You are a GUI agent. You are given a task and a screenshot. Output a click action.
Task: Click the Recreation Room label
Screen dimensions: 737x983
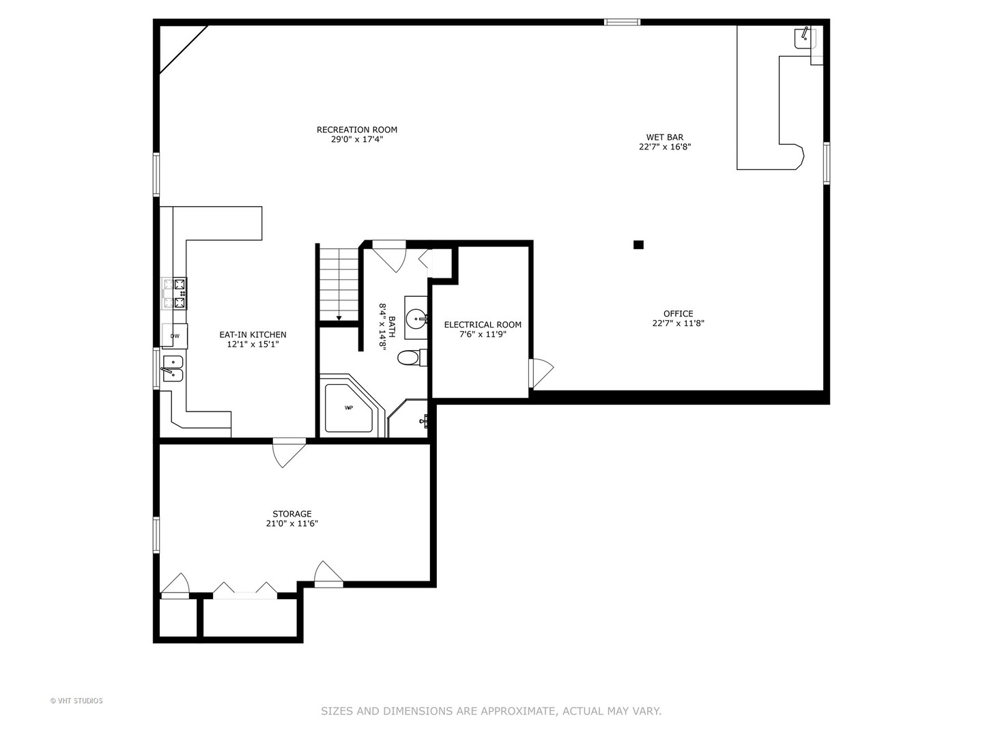[356, 130]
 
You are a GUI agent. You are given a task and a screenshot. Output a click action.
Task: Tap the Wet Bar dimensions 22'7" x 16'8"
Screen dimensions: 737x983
[665, 147]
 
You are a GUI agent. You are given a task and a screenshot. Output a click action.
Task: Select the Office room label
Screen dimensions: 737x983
[678, 314]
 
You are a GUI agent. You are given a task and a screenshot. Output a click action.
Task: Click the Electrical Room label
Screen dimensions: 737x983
[483, 325]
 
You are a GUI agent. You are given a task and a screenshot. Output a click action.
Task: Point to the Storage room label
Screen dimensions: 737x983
[292, 514]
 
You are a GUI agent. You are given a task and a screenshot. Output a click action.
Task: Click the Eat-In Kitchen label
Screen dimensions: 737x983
[253, 334]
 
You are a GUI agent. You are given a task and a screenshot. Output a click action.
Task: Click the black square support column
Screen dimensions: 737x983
[638, 245]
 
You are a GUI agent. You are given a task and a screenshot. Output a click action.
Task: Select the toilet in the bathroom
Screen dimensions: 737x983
[410, 358]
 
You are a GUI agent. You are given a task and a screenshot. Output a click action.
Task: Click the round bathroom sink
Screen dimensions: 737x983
[416, 318]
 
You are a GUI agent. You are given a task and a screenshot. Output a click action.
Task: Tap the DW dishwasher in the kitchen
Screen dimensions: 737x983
[175, 336]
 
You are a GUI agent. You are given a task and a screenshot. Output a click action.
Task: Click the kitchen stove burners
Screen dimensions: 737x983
[175, 293]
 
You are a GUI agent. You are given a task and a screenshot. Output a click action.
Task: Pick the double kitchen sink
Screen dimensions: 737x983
[172, 369]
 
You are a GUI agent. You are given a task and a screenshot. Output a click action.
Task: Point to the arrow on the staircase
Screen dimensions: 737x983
[339, 317]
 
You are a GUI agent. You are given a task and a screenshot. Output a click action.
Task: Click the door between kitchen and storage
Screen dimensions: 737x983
[289, 452]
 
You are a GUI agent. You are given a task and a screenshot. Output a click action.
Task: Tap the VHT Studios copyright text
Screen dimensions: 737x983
[76, 701]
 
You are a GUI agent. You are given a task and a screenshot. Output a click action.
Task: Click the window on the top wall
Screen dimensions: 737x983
[622, 23]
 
